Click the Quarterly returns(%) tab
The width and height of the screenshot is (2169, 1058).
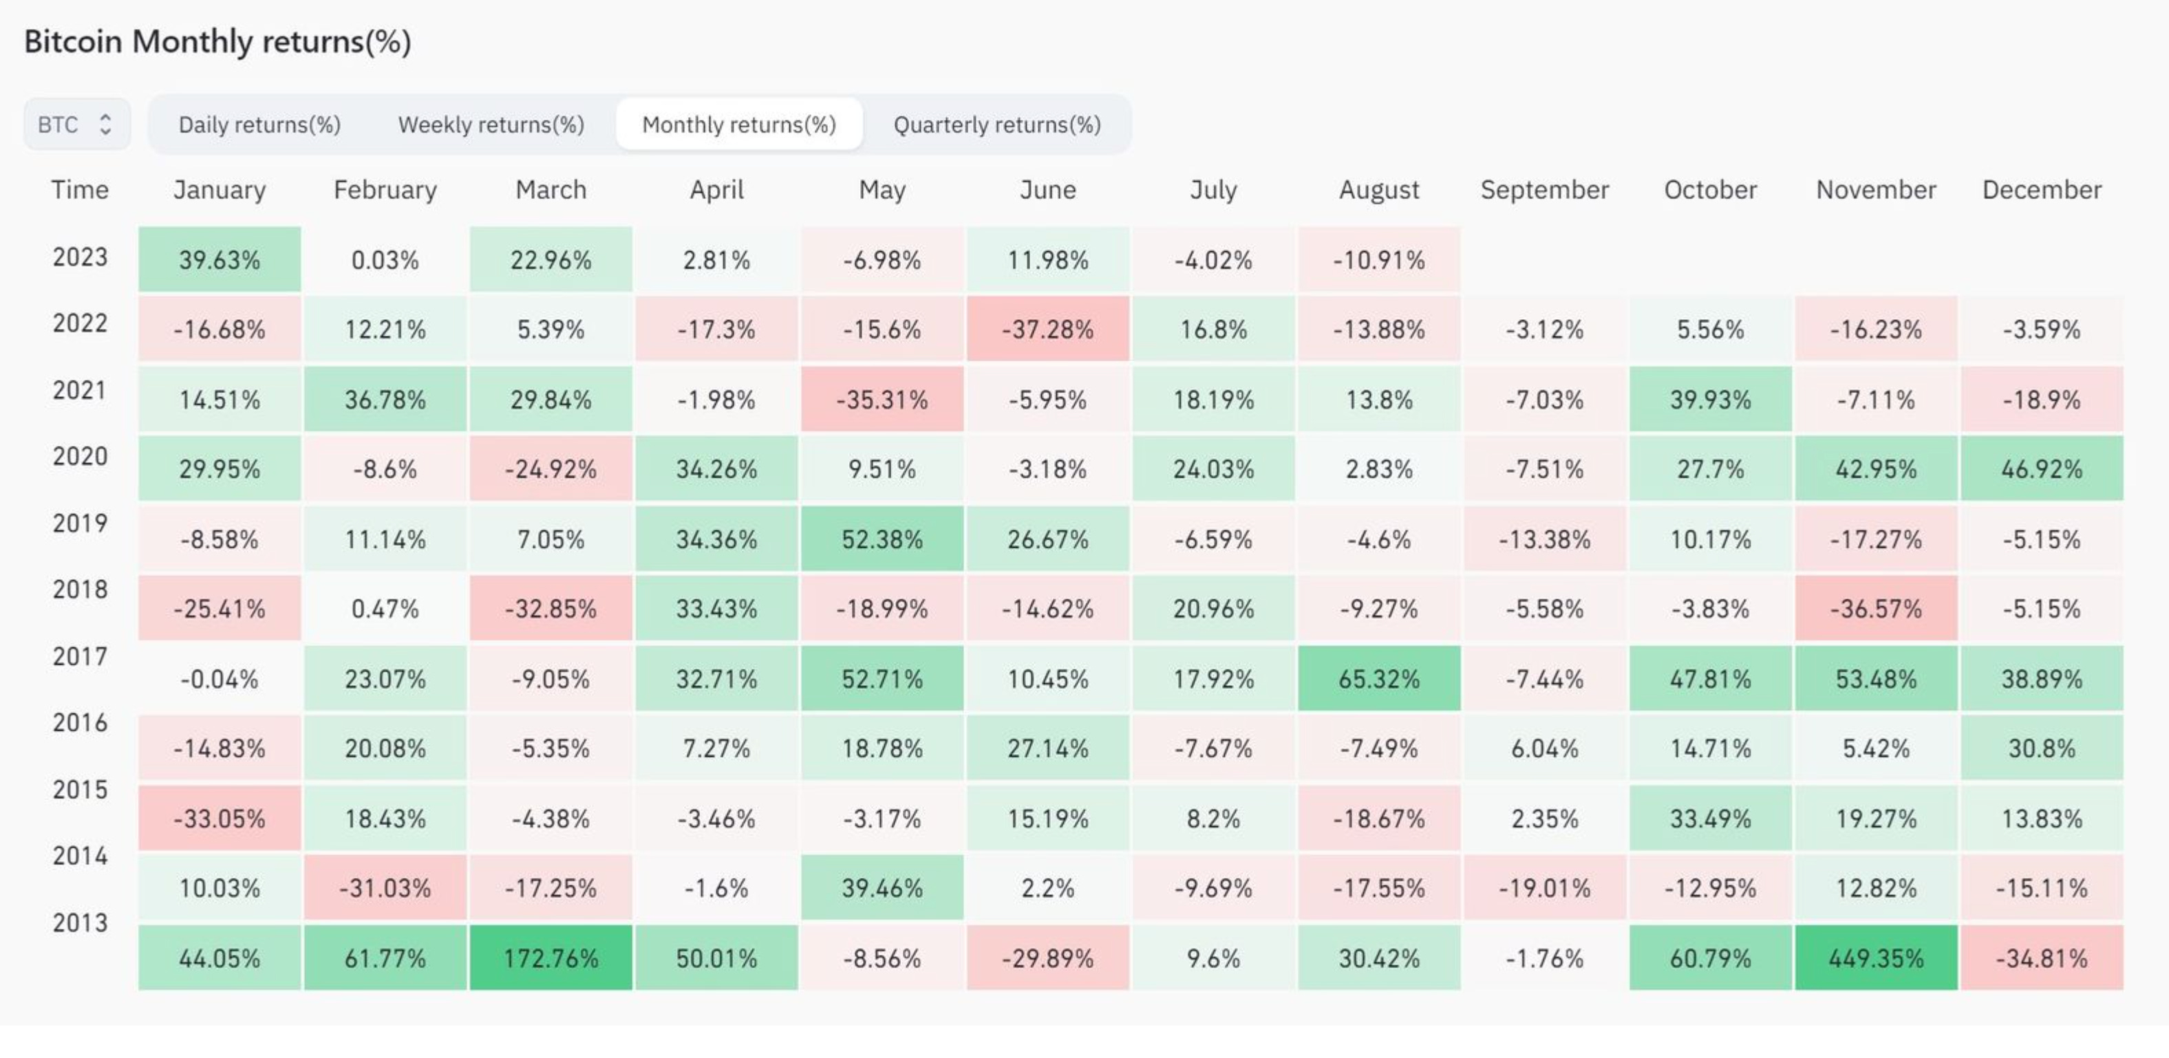[997, 125]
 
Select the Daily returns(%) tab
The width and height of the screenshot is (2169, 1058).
[259, 125]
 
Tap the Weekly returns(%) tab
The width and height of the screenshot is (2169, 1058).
[491, 125]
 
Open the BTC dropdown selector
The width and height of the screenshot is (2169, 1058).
[76, 125]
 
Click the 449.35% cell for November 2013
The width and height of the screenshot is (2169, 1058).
[1876, 958]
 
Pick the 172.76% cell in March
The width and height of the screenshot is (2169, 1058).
[551, 958]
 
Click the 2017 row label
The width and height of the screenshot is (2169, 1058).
[80, 656]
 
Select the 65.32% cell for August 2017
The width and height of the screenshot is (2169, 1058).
[1379, 678]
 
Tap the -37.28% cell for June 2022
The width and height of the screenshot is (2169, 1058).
[1047, 329]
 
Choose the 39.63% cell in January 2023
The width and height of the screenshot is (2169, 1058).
[219, 259]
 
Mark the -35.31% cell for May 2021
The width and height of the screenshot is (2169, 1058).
[882, 399]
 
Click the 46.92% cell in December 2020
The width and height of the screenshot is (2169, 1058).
[2042, 469]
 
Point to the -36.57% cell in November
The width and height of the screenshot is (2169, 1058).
[1876, 609]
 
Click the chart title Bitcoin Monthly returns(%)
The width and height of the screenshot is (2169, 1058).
[217, 41]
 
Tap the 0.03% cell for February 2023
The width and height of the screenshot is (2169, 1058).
[385, 259]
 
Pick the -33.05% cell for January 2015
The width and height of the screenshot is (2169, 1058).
[219, 818]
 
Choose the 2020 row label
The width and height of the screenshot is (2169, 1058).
[80, 456]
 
